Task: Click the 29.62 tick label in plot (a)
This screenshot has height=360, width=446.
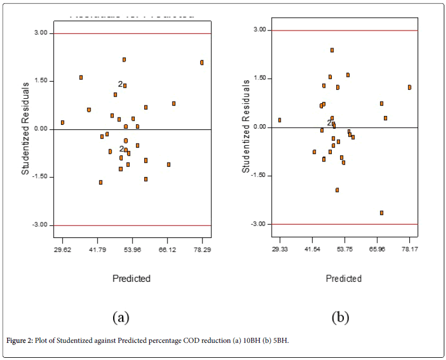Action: pyautogui.click(x=63, y=250)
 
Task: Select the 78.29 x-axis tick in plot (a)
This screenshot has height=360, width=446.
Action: pyautogui.click(x=202, y=250)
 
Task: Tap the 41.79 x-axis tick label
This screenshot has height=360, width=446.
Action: pyautogui.click(x=98, y=250)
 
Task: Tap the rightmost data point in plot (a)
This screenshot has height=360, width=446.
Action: pyautogui.click(x=202, y=63)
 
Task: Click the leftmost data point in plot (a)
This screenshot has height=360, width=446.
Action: pyautogui.click(x=63, y=123)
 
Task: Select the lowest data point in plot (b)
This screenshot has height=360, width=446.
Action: pyautogui.click(x=382, y=213)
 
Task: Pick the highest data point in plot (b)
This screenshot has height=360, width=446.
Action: pyautogui.click(x=332, y=50)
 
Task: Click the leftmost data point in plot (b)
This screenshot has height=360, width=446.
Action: pyautogui.click(x=280, y=120)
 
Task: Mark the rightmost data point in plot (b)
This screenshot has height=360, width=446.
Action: pyautogui.click(x=409, y=87)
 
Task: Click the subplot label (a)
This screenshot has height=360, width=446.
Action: pyautogui.click(x=121, y=317)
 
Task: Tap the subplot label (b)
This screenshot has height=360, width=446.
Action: pyautogui.click(x=340, y=317)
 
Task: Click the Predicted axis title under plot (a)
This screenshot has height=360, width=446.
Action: pyautogui.click(x=131, y=278)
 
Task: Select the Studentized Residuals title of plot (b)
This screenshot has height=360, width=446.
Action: pyautogui.click(x=247, y=128)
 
